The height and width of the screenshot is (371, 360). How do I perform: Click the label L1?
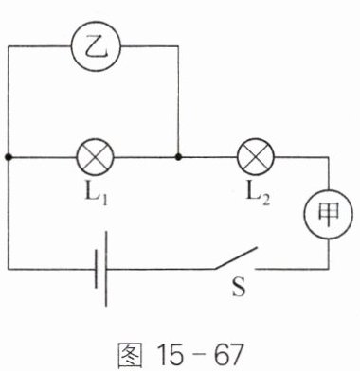click(96, 193)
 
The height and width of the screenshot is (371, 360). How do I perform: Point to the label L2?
click(258, 193)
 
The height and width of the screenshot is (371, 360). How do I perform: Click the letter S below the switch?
click(239, 287)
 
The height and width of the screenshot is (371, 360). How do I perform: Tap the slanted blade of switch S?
click(235, 258)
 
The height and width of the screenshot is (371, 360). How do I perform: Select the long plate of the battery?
click(106, 269)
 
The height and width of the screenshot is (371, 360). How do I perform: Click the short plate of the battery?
click(97, 269)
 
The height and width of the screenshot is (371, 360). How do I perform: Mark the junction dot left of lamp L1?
click(9, 157)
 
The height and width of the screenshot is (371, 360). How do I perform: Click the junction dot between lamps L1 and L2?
click(178, 157)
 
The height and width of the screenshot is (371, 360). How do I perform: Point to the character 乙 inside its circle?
click(97, 47)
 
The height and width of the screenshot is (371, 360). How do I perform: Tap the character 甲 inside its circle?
click(329, 214)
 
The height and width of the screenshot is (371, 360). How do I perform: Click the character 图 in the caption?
click(130, 355)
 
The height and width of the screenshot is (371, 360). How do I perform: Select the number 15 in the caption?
click(171, 354)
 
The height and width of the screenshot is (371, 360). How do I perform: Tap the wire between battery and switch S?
click(161, 269)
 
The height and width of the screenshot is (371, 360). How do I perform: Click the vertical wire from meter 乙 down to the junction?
click(178, 101)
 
